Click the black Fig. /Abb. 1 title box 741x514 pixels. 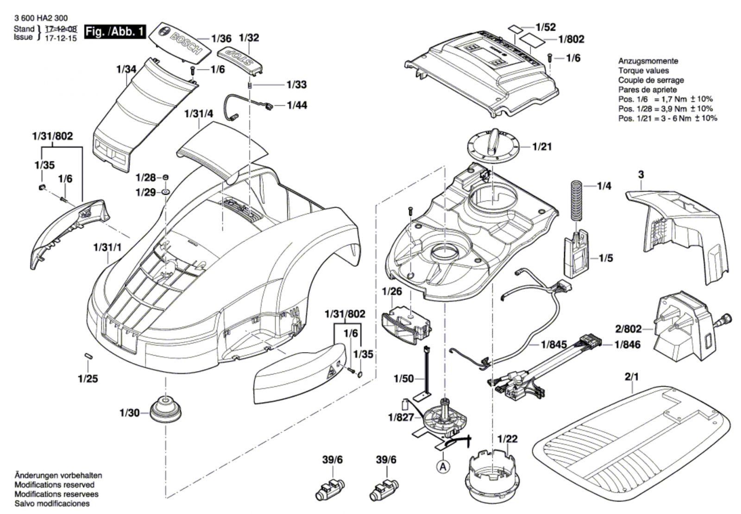click(115, 32)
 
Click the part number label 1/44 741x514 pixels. click(297, 105)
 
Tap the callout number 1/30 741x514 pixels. click(129, 413)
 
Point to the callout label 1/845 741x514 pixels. click(554, 345)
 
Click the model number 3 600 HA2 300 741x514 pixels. click(41, 19)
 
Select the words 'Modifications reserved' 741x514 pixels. click(55, 485)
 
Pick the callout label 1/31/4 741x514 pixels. click(199, 114)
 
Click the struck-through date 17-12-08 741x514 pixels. click(61, 29)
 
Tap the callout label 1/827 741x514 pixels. click(401, 417)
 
